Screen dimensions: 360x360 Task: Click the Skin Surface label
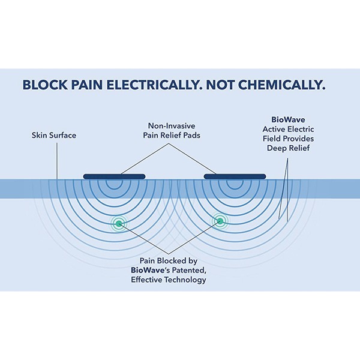coord(54,136)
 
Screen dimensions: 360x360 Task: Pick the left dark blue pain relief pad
coord(114,176)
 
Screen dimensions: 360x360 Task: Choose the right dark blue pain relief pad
coord(235,176)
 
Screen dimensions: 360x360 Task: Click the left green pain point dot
coord(119,224)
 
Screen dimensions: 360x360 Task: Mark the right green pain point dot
coord(220,222)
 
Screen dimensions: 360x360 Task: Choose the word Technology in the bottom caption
coord(185,280)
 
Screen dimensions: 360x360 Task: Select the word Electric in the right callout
coord(300,128)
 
